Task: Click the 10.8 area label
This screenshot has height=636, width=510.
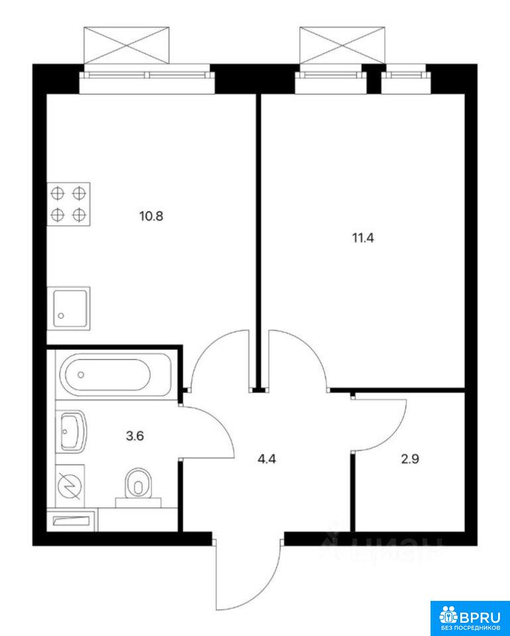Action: point(151,216)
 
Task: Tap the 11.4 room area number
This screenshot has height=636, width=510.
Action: point(362,238)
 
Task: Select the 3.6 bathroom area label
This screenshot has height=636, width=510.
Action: point(135,437)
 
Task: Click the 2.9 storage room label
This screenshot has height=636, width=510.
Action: point(409,460)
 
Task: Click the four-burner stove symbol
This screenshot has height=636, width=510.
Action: point(68,204)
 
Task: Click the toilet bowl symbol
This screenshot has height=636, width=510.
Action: point(138,484)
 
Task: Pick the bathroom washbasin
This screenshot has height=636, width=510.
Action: point(74,431)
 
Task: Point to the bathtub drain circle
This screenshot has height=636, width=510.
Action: point(81,374)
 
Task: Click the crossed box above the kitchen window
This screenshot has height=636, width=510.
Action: point(126,45)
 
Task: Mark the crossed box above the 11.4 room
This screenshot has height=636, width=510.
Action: point(342,45)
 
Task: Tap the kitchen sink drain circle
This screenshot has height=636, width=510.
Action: point(61,315)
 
